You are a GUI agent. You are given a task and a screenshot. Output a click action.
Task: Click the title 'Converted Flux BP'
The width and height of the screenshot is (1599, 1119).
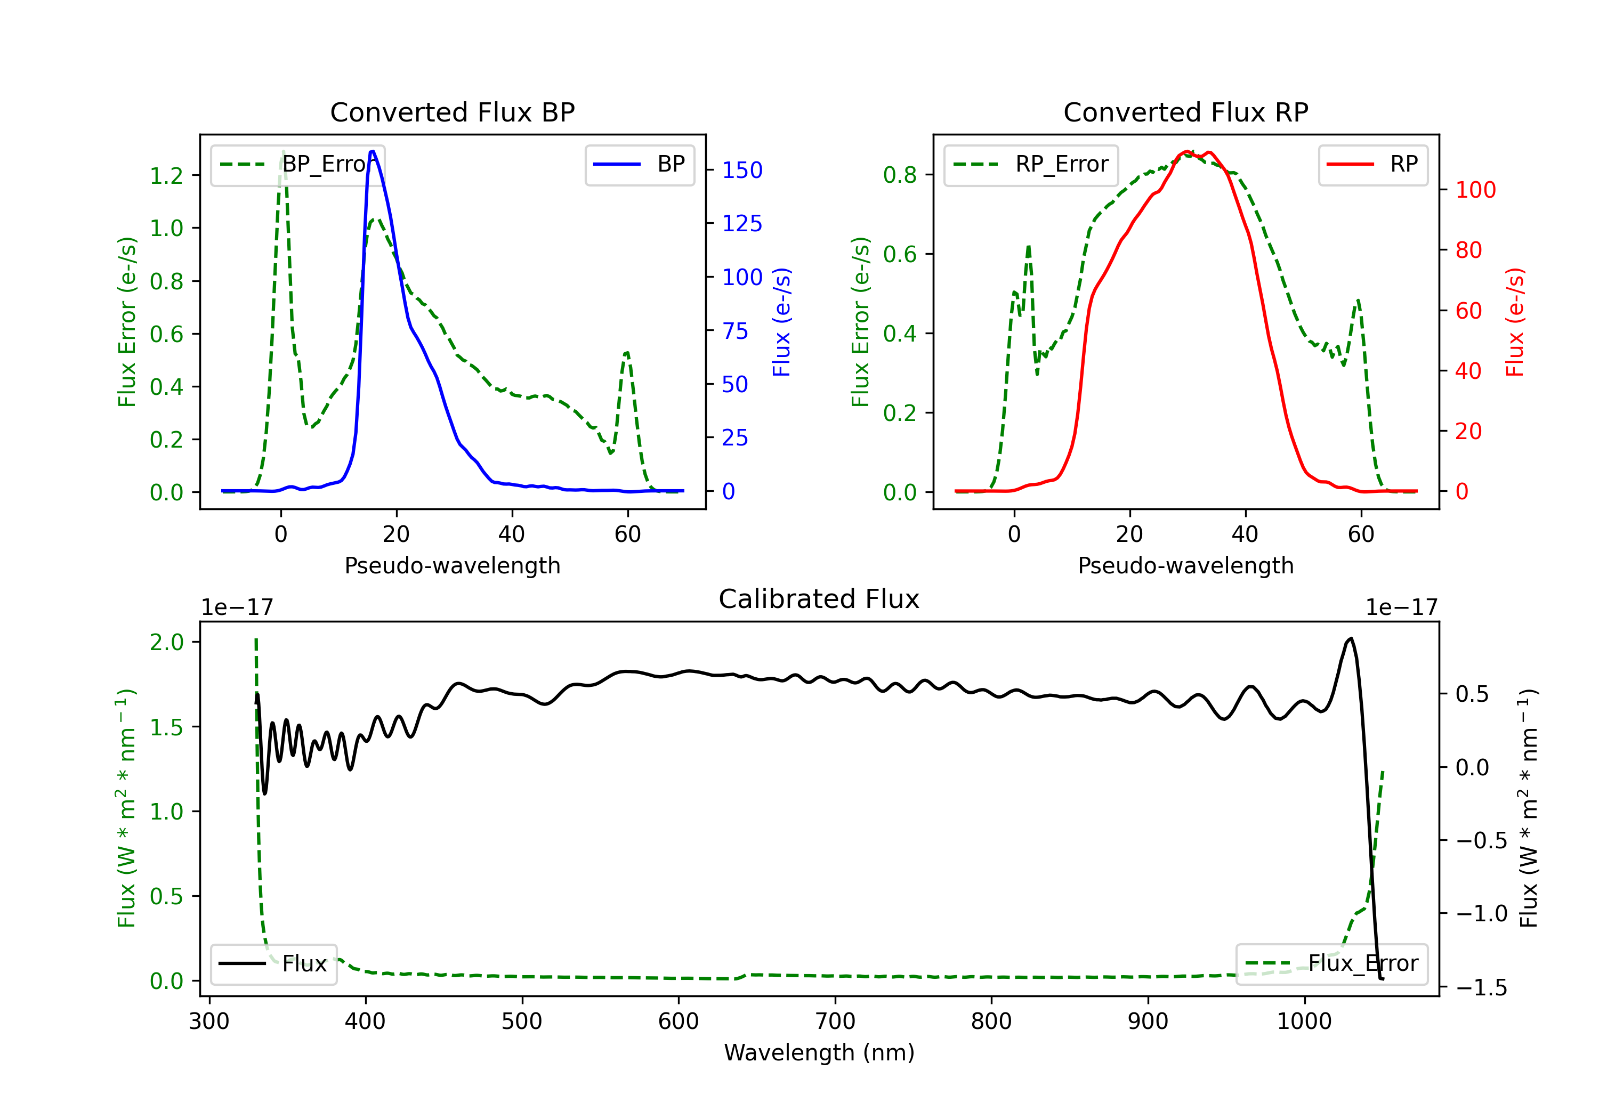[452, 112]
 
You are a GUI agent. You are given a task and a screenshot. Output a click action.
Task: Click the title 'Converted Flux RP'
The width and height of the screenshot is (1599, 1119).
[1185, 112]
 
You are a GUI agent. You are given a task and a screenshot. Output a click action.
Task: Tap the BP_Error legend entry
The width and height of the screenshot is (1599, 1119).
[298, 164]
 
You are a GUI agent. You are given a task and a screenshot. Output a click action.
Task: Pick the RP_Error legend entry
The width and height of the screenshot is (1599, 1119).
[1031, 164]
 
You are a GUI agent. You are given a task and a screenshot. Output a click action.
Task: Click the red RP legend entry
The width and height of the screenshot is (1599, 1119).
[1372, 164]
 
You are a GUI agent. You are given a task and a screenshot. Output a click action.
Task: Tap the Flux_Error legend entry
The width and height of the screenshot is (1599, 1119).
[1331, 964]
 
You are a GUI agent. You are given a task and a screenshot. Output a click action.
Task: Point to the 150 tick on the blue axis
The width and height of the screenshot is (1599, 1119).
[742, 170]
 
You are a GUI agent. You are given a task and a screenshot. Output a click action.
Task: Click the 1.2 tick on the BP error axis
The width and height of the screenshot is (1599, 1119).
[166, 175]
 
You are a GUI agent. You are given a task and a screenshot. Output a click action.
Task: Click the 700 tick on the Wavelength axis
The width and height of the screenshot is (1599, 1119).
[835, 1021]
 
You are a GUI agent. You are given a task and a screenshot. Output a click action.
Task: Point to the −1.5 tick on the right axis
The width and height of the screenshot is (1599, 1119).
[1481, 987]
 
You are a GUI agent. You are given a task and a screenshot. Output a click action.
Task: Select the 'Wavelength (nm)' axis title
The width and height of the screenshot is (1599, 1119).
[819, 1052]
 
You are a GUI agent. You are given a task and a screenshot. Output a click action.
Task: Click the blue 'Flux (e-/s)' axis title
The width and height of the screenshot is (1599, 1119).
[781, 322]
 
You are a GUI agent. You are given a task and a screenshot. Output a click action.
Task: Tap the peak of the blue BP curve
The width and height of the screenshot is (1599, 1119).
[373, 151]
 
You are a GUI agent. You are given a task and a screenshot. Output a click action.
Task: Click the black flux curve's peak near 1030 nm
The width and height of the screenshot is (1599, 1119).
[1351, 638]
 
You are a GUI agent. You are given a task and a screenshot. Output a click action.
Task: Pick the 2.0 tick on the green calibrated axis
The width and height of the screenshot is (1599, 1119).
[166, 642]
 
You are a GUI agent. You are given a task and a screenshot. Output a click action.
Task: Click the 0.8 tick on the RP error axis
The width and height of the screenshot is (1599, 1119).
[900, 175]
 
